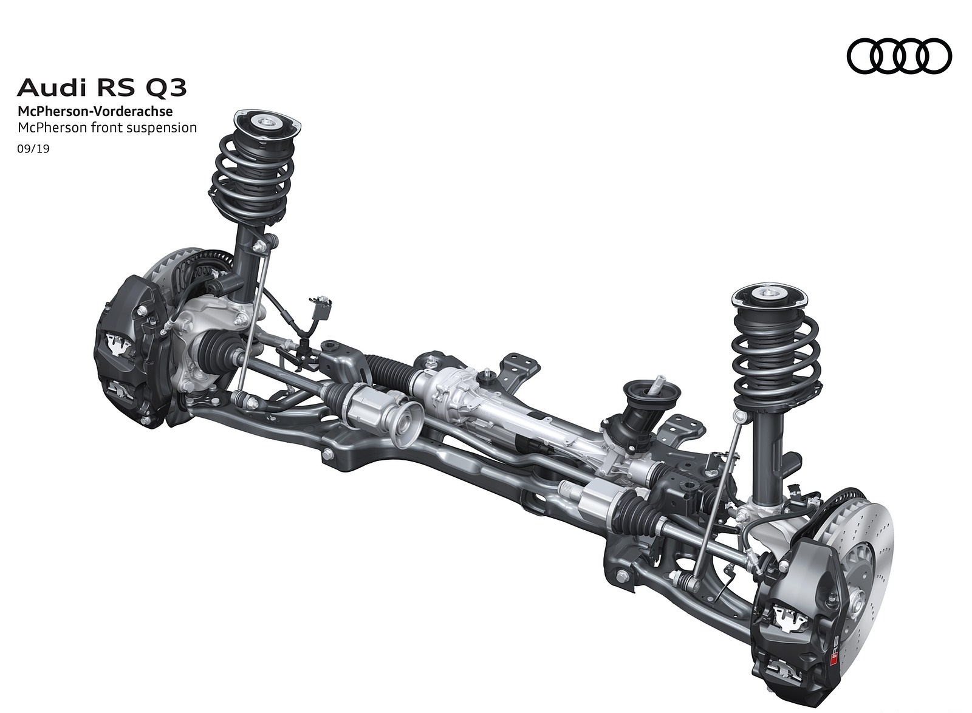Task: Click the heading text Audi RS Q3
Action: pos(102,87)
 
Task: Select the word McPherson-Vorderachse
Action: pos(95,112)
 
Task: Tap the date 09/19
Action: pos(33,149)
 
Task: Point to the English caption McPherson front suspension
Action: pos(107,128)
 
